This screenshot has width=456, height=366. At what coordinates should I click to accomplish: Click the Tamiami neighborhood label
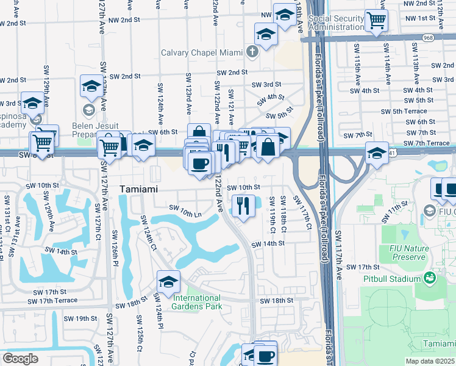(x=138, y=189)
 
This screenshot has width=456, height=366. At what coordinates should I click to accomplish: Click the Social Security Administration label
(x=337, y=23)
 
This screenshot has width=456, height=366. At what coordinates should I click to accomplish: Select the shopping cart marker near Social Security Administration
(x=377, y=20)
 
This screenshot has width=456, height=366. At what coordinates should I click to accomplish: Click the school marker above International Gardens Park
(x=168, y=281)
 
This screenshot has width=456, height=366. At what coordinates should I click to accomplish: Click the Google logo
(x=20, y=359)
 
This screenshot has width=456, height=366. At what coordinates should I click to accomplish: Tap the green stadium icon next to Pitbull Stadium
(x=430, y=278)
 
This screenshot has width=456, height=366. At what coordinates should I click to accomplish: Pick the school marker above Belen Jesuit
(x=91, y=87)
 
